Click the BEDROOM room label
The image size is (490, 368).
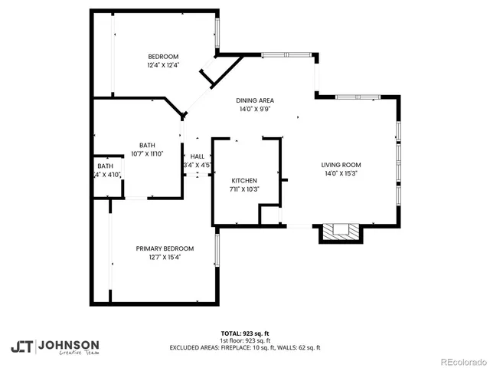163,57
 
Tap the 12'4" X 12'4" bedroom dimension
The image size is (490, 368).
163,65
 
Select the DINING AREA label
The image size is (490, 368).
255,100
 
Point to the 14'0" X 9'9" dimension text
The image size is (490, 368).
255,109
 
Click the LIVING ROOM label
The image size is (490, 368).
341,165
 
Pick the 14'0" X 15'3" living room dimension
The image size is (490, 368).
341,173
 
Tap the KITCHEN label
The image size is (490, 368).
245,180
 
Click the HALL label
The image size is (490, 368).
197,156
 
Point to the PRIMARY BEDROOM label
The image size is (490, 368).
165,248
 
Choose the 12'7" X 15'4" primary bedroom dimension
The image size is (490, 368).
165,257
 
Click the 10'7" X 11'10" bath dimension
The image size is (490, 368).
147,153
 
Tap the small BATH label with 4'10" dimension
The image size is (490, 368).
105,166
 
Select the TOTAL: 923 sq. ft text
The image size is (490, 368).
244,333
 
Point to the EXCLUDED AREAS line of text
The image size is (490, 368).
244,347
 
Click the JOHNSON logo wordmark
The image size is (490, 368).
68,344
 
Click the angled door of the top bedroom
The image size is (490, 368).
209,77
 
